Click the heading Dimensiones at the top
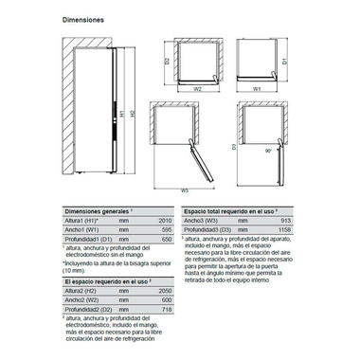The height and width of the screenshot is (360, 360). pyautogui.click(x=82, y=19)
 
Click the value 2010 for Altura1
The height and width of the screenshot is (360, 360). pyautogui.click(x=164, y=219)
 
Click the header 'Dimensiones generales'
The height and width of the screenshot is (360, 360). pyautogui.click(x=96, y=209)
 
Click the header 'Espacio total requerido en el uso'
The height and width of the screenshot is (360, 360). pyautogui.click(x=231, y=209)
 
